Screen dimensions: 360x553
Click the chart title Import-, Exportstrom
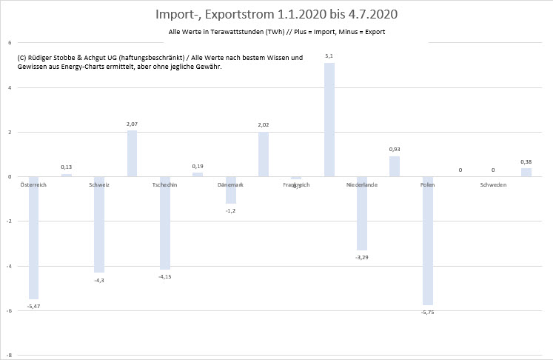pos(276,14)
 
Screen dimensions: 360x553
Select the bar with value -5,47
pos(33,237)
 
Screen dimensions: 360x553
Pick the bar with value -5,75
pos(427,241)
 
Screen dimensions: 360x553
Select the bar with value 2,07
pos(132,153)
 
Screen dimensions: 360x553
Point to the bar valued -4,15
pos(164,222)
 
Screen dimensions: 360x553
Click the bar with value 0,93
pos(395,166)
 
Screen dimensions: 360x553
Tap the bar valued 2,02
pos(263,154)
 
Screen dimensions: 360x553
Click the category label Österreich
pos(33,184)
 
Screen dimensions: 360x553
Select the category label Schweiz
pos(99,184)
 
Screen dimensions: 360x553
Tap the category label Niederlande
pos(362,184)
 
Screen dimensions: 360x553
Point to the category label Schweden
pos(493,184)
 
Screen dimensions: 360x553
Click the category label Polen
pos(427,184)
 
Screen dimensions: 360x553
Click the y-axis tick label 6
pos(10,42)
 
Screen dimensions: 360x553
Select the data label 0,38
pos(526,161)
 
